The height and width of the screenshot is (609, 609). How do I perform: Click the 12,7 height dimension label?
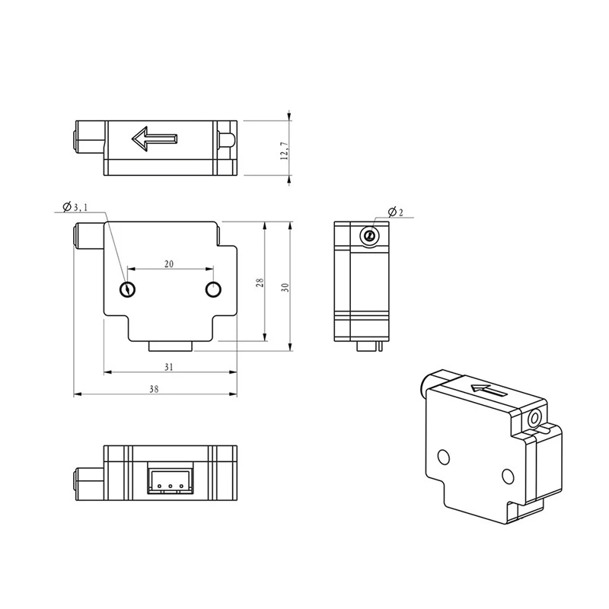(x=284, y=151)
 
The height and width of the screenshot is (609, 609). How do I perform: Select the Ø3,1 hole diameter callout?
(x=75, y=207)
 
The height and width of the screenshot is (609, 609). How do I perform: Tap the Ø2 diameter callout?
(x=396, y=212)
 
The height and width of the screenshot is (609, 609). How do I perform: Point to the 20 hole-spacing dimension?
(x=169, y=264)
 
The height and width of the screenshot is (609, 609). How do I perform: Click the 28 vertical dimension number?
(x=260, y=282)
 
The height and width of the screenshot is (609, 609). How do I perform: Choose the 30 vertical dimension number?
(x=285, y=288)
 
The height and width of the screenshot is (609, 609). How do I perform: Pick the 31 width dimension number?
(x=168, y=367)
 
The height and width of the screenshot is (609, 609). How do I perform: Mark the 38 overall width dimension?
(x=154, y=389)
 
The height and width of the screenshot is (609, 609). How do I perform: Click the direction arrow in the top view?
(x=155, y=139)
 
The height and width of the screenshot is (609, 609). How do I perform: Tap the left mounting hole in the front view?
(x=127, y=289)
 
